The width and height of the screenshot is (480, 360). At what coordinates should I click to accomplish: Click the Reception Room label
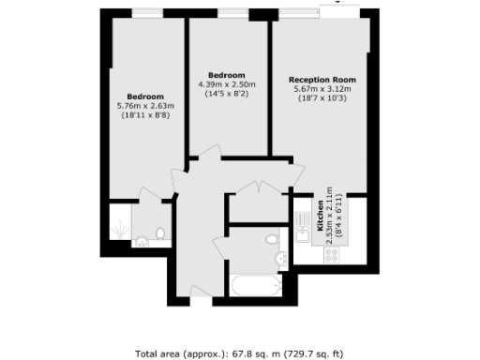pos(322,80)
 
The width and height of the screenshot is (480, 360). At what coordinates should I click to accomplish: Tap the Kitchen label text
pos(320,217)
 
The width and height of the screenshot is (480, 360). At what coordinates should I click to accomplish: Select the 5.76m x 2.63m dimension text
pos(146,106)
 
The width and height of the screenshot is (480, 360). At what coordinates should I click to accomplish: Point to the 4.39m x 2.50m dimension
pos(226,84)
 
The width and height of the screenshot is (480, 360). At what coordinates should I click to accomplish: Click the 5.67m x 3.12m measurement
pos(322,89)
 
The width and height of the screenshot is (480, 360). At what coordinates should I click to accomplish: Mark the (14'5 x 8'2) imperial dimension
pos(226,94)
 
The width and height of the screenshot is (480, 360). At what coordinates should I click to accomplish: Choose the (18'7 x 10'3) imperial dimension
pos(322,98)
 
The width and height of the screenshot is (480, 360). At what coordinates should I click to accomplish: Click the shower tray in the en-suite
pos(119,225)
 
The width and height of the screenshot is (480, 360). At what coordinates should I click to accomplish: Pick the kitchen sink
pos(302,222)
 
